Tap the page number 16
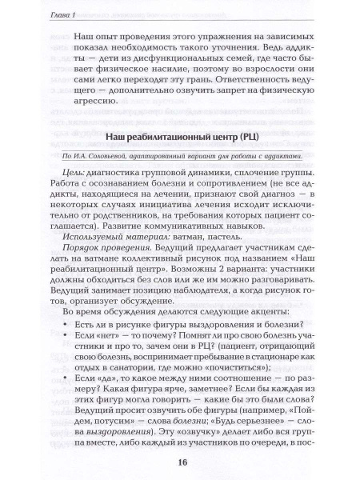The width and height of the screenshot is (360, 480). pos(179,459)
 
